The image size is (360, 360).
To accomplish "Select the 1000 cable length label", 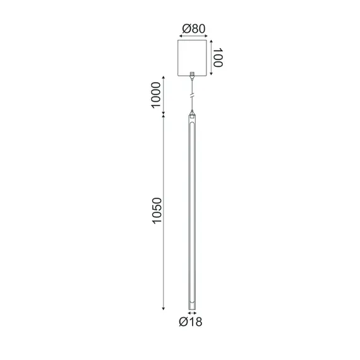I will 157,96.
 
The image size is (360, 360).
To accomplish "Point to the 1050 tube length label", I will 157,213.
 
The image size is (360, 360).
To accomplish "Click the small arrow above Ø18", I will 192,313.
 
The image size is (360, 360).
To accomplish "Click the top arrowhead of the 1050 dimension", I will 164,117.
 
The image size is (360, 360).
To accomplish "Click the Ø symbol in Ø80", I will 184,29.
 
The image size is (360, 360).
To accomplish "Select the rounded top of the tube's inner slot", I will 192,124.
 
